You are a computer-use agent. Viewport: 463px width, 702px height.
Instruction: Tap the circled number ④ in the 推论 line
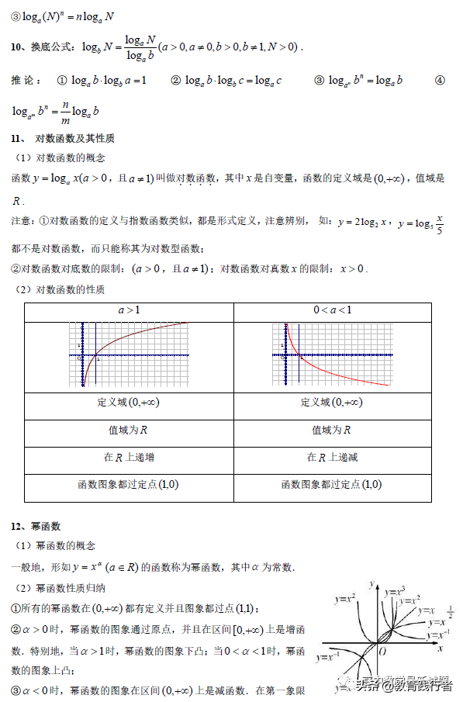coord(441,81)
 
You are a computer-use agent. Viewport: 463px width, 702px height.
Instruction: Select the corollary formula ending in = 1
coord(109,81)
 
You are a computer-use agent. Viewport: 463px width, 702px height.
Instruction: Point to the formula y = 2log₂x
coord(364,223)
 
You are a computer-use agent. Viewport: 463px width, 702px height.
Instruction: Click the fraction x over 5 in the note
coord(440,223)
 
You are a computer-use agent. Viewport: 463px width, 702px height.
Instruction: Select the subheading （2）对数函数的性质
coord(60,289)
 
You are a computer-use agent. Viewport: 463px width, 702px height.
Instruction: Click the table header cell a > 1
coord(129,310)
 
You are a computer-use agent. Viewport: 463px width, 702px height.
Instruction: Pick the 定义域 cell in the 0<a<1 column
coord(332,403)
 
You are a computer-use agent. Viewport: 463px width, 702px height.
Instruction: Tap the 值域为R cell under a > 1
coord(129,430)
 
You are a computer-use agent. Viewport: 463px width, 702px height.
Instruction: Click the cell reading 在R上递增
coord(129,458)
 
